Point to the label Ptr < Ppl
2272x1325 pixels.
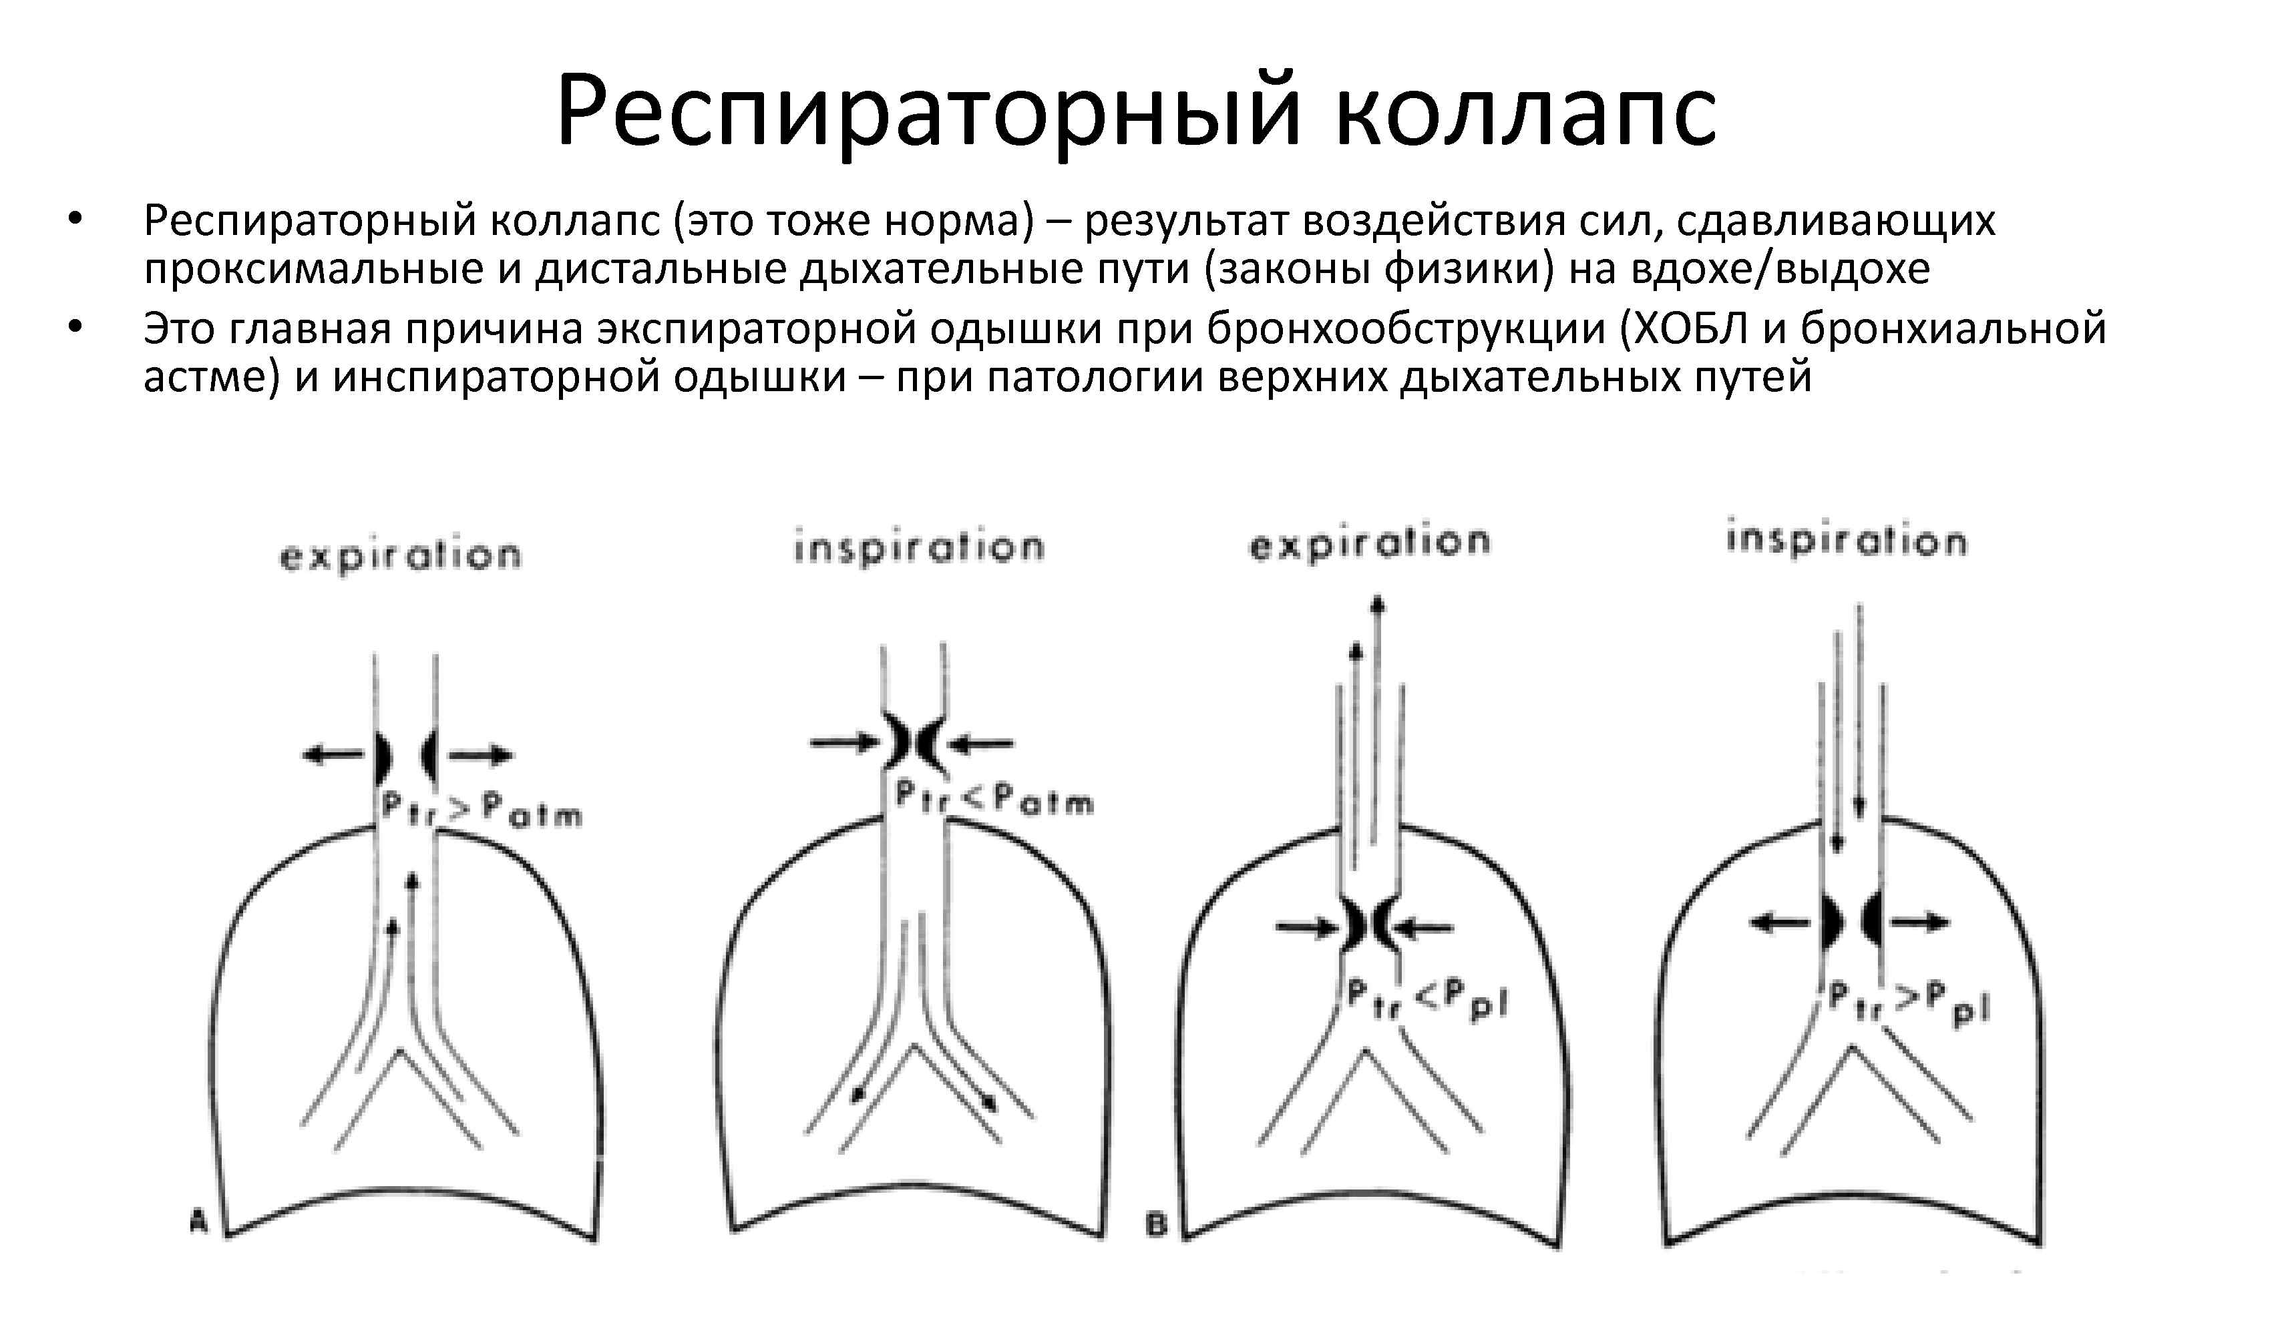(1427, 1001)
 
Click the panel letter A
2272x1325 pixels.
(199, 1222)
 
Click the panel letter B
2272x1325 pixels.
(1157, 1225)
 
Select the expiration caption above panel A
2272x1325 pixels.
(400, 556)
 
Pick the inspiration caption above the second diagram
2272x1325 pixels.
(919, 548)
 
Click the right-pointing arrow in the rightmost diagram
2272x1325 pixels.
(1921, 922)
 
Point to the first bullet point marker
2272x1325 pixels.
(75, 219)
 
